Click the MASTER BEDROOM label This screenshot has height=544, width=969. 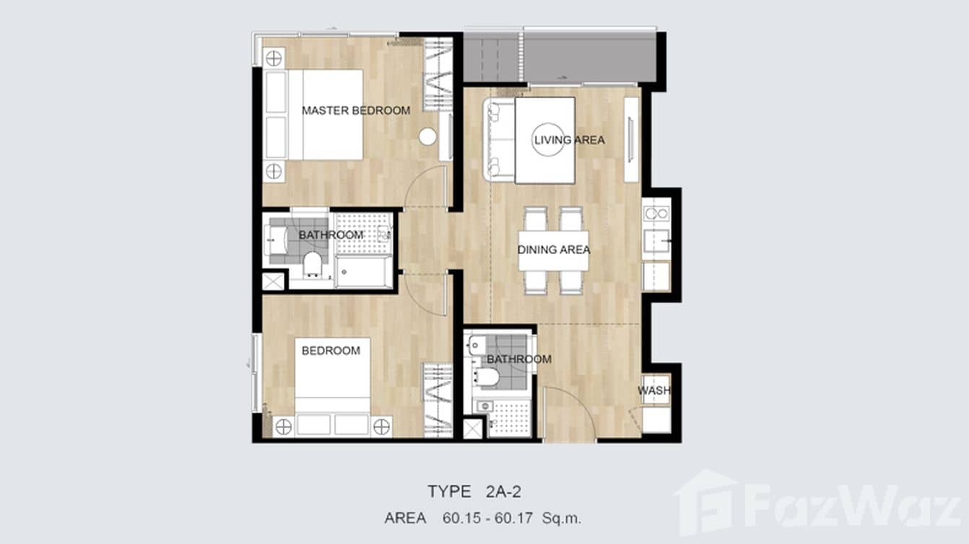355,110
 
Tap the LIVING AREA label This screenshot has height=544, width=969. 568,140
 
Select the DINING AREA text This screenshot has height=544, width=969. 554,250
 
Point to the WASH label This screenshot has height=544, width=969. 653,391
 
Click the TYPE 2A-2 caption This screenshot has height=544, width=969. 474,492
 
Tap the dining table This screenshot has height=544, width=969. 553,250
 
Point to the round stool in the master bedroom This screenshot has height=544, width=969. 427,136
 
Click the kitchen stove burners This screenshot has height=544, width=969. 656,214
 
